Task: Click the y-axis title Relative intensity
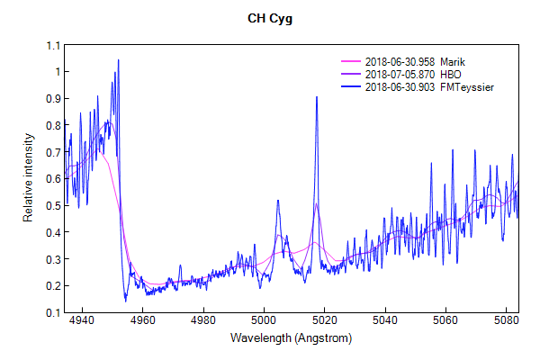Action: click(x=29, y=179)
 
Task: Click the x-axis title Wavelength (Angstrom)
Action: click(x=291, y=338)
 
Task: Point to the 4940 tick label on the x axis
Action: click(x=81, y=320)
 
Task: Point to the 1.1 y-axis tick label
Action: click(x=52, y=45)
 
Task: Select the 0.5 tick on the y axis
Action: click(x=52, y=205)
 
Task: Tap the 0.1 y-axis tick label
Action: click(x=52, y=312)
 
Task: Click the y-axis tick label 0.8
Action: click(x=52, y=125)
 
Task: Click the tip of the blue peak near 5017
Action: click(x=317, y=97)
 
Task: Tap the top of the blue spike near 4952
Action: click(x=118, y=60)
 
